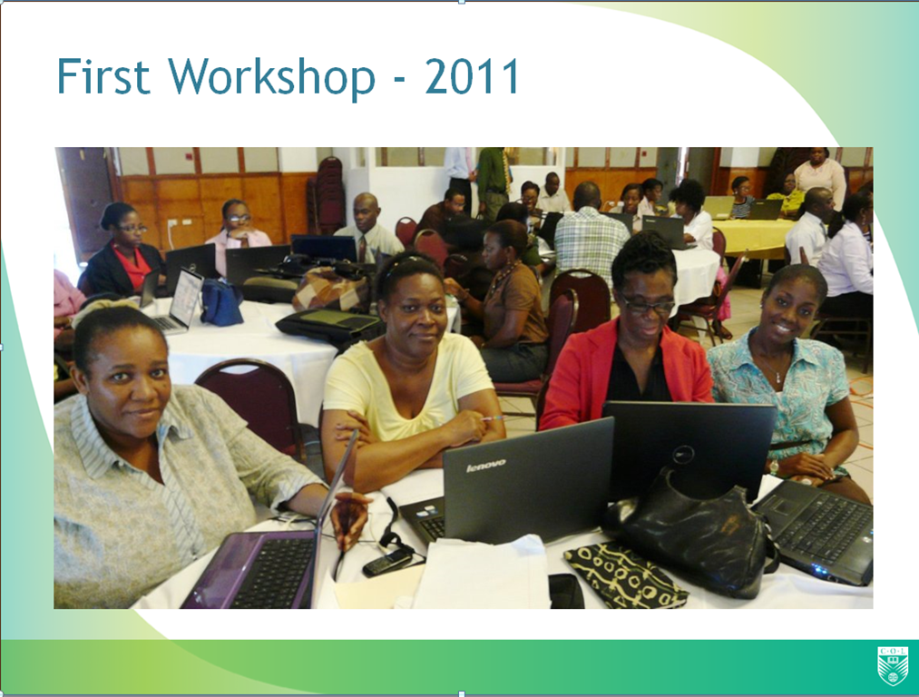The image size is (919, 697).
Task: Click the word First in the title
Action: click(103, 75)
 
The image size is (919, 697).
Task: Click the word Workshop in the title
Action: click(271, 79)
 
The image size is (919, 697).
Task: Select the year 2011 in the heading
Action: click(472, 75)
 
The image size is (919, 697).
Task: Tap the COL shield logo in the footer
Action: click(892, 665)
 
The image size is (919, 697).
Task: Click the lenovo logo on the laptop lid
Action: click(486, 466)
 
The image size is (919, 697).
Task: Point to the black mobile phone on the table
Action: click(386, 562)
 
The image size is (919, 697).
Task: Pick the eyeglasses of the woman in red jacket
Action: click(648, 305)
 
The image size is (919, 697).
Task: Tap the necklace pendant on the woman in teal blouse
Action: click(777, 378)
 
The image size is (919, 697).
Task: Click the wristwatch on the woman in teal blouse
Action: click(774, 467)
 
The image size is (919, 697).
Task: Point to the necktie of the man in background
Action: click(362, 249)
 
